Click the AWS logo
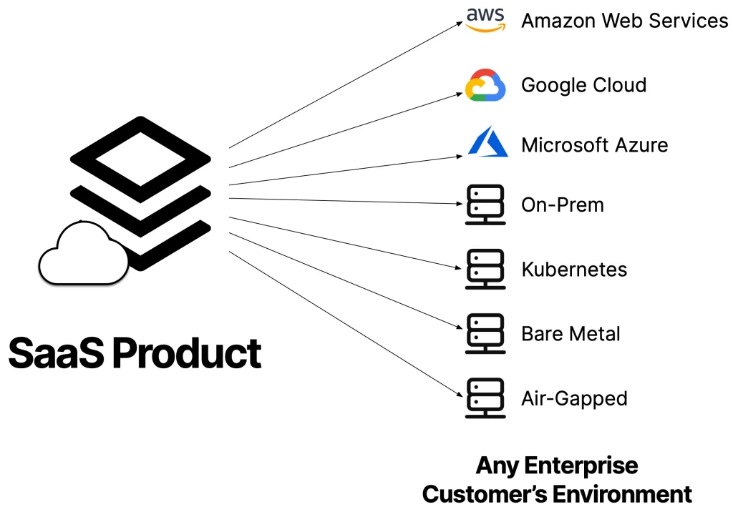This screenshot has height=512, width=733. click(485, 20)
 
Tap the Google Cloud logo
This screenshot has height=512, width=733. click(486, 85)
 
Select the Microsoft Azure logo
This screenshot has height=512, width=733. click(487, 144)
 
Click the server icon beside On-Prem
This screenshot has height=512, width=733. click(485, 205)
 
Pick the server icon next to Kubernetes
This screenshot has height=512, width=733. click(485, 269)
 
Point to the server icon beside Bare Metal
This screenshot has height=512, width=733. click(485, 334)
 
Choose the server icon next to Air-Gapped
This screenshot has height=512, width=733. click(485, 398)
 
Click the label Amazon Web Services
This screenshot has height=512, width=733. click(624, 21)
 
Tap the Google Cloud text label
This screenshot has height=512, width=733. click(583, 85)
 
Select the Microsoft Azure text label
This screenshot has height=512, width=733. click(594, 145)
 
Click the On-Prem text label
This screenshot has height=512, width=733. click(563, 205)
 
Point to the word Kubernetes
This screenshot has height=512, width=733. click(574, 270)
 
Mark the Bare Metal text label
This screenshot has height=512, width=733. click(571, 334)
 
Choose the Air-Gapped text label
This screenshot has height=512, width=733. click(574, 399)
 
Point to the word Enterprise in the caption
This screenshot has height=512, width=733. click(581, 466)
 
